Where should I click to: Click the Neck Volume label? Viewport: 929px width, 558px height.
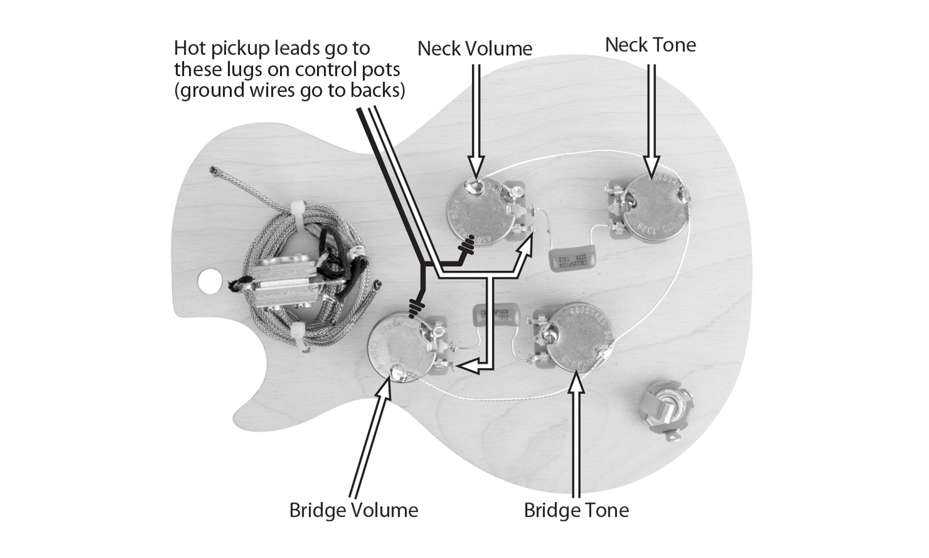[x=474, y=49]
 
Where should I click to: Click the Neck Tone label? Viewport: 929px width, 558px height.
[x=650, y=45]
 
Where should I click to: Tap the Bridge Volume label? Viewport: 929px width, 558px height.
[x=353, y=510]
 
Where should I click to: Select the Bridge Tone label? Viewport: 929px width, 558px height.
[x=576, y=510]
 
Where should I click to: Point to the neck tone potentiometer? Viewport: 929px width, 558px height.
[x=655, y=207]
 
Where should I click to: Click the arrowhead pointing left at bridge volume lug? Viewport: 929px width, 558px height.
[x=466, y=366]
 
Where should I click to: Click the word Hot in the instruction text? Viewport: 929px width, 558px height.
[x=190, y=48]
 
